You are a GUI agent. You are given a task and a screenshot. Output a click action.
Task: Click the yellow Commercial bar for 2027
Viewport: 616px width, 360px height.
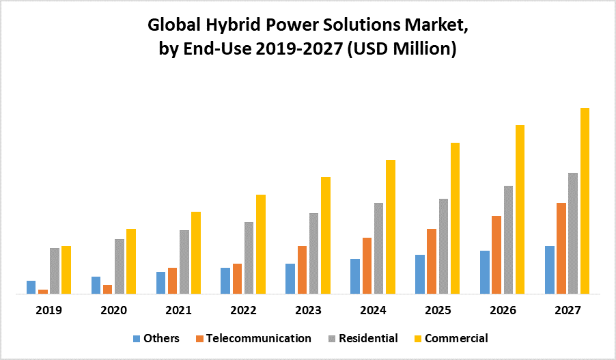point(585,201)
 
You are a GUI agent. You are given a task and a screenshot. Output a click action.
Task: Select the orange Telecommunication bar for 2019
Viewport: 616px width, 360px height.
point(43,292)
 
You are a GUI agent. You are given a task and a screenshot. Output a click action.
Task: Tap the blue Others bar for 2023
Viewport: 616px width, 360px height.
point(290,279)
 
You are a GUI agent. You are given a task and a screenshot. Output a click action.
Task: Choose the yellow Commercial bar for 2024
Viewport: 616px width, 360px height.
point(391,227)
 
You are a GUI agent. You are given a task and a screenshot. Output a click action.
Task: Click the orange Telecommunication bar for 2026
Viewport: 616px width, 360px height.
point(496,255)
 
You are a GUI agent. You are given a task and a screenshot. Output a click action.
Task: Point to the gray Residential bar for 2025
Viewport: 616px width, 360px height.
point(443,246)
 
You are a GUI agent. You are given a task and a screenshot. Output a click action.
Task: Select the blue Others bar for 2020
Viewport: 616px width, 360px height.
point(96,285)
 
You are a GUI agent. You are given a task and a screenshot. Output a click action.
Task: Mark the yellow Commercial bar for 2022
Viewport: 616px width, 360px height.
point(261,244)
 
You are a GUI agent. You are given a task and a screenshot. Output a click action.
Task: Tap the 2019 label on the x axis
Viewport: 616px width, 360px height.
point(49,310)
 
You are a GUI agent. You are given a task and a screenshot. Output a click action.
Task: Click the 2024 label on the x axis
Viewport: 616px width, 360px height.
point(373,310)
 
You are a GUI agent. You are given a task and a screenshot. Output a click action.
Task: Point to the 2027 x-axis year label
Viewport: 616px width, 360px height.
point(568,310)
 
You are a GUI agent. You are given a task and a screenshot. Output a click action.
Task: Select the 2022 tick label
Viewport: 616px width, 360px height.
point(243,310)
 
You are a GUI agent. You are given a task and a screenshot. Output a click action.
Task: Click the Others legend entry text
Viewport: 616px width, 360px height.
point(162,338)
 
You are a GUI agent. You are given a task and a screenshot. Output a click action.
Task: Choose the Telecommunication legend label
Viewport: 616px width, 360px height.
point(259,338)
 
